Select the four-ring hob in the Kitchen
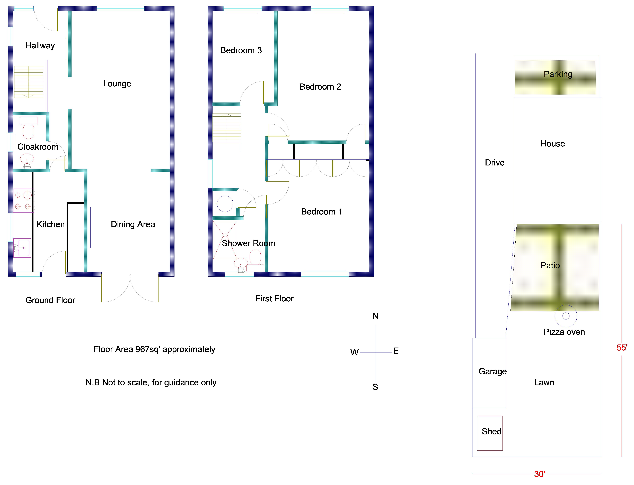pos(23,201)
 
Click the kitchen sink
pos(22,248)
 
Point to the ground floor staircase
pos(29,82)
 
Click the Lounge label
pos(117,84)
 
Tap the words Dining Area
pos(133,224)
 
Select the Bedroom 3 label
pos(241,51)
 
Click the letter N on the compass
pos(375,316)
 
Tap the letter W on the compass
pos(354,352)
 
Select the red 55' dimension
pos(622,348)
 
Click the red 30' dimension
pos(539,474)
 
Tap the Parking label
pos(558,74)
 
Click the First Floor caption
pos(274,299)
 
